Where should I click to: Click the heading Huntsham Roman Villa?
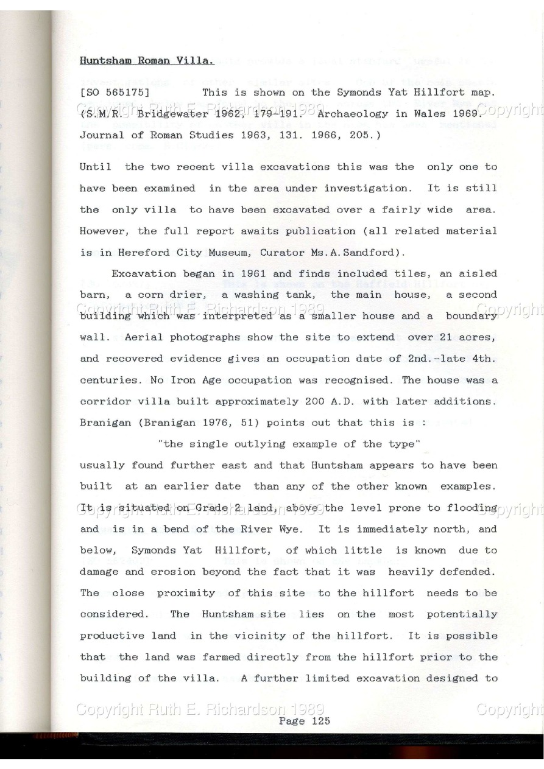[147, 61]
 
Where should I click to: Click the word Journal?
[101, 135]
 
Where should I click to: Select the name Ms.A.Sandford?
[360, 252]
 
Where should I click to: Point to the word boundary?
[471, 316]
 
